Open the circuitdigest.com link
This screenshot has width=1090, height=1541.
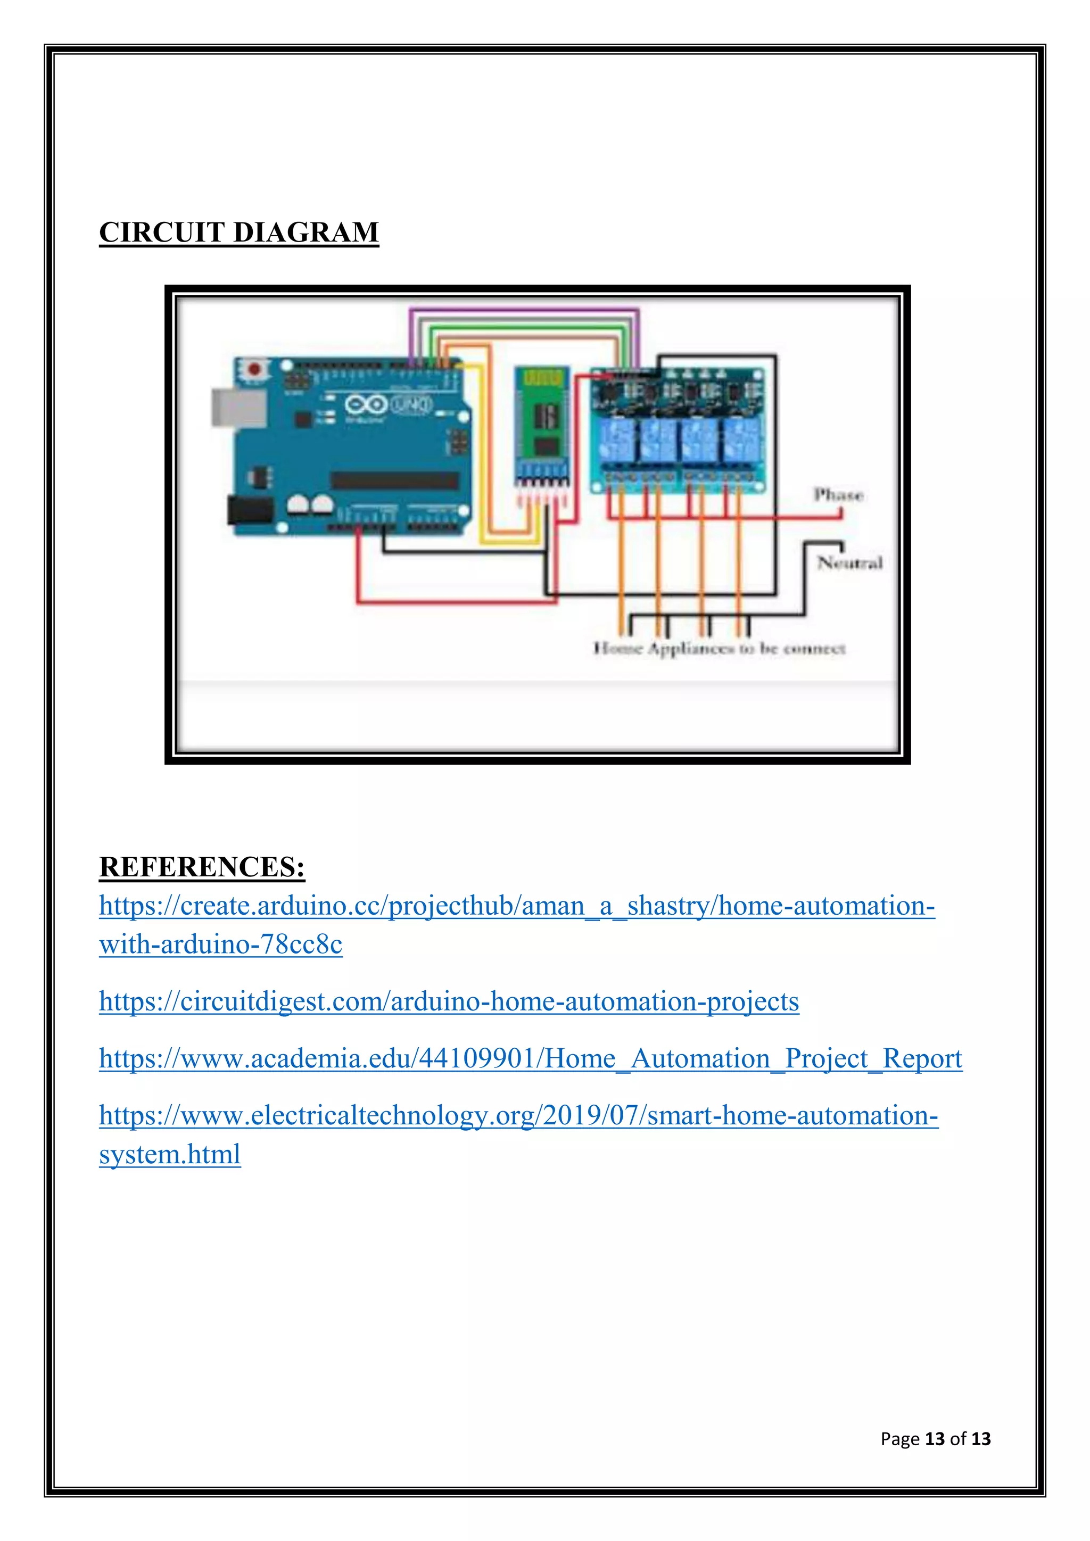coord(449,1001)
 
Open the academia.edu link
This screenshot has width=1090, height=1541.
coord(530,1058)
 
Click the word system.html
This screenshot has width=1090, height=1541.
coord(170,1154)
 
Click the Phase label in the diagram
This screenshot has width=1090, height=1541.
coord(838,495)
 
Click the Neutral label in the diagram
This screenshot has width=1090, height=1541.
coord(849,562)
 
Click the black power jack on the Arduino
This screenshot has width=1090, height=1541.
coord(249,510)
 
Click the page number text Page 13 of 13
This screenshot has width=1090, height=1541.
coord(935,1438)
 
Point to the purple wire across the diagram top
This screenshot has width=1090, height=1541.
coord(524,310)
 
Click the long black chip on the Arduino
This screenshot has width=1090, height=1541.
coord(395,480)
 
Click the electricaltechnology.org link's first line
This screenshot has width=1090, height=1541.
coord(518,1115)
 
